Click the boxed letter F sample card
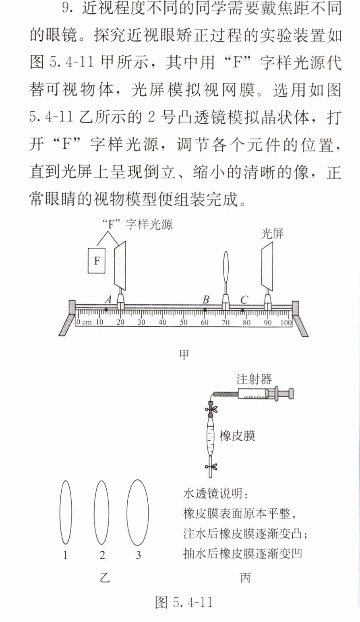[97, 261]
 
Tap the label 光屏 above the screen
[272, 234]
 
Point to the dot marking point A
[106, 310]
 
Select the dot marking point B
[205, 310]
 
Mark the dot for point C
[242, 311]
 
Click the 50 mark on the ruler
[184, 322]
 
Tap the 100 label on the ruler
[286, 322]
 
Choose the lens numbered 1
[66, 512]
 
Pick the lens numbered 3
[138, 512]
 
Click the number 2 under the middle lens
[102, 555]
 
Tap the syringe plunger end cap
[291, 394]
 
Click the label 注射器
[254, 379]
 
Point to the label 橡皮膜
[237, 435]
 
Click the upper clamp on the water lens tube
[211, 409]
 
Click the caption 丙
[245, 578]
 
